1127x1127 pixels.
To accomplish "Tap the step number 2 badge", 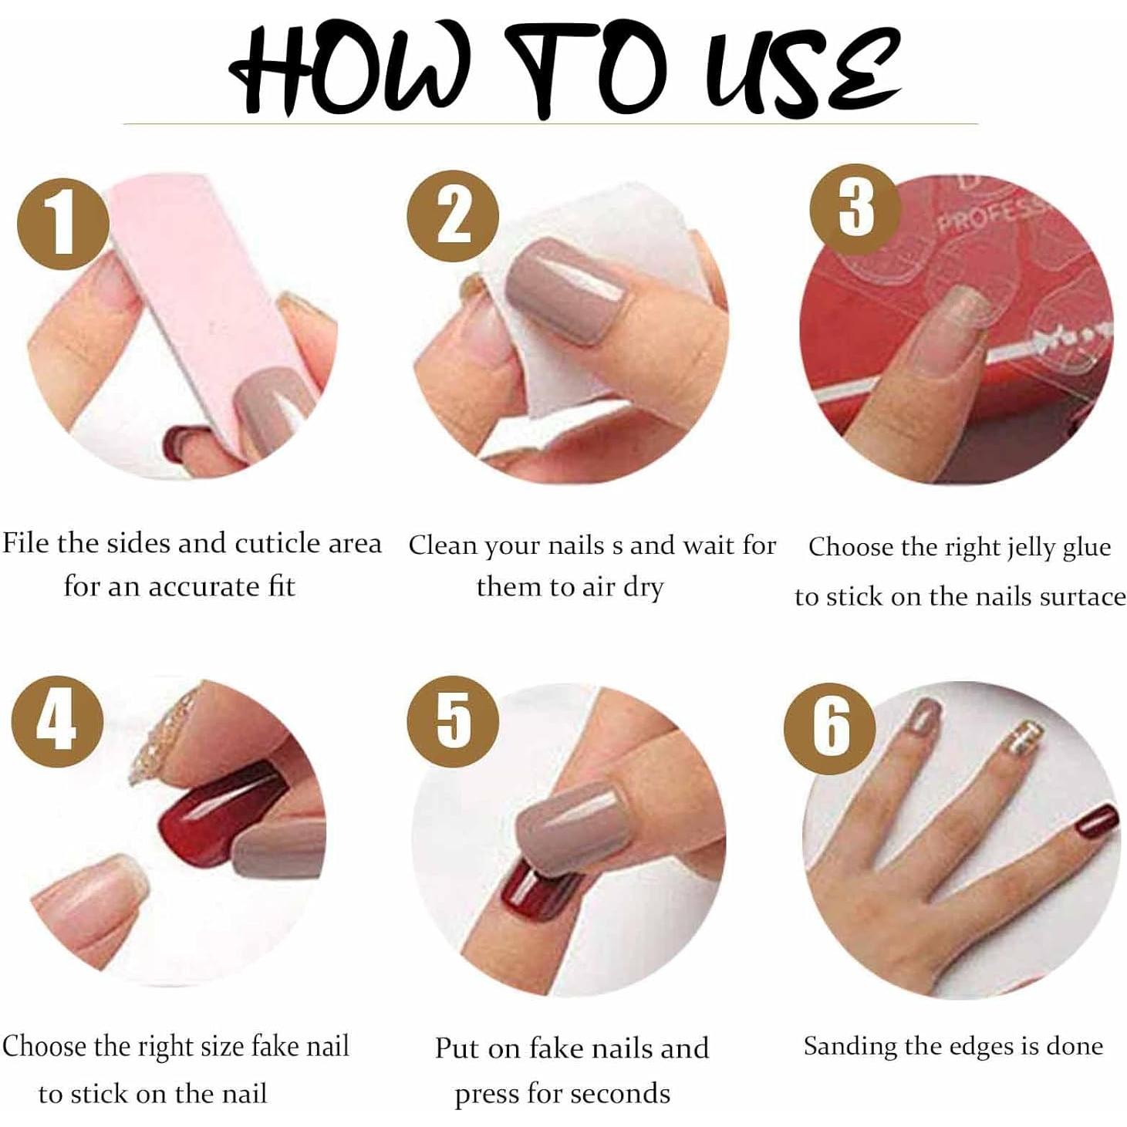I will point(453,216).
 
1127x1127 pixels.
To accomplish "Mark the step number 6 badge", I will point(830,728).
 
